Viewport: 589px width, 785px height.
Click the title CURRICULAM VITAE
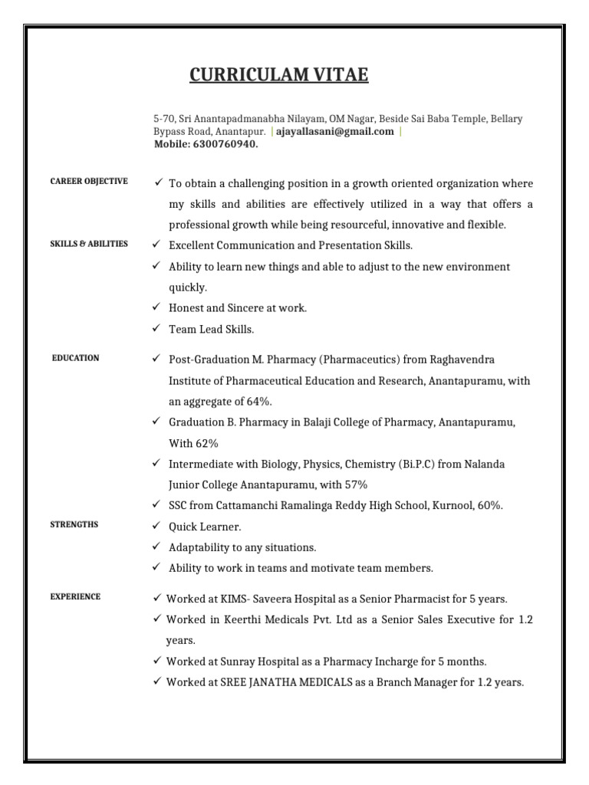[x=279, y=75]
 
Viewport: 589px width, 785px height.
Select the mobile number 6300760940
[x=225, y=143]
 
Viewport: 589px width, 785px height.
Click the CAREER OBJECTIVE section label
[x=89, y=181]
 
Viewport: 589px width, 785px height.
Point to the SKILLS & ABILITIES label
[x=89, y=244]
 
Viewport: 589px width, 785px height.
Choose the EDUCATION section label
[x=75, y=358]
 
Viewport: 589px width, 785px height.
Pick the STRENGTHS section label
[x=74, y=524]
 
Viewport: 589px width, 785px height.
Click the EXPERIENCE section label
[x=75, y=596]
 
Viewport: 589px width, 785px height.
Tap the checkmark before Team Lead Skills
[x=156, y=329]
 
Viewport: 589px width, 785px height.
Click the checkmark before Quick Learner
[x=156, y=526]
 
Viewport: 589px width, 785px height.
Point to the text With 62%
[x=194, y=443]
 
